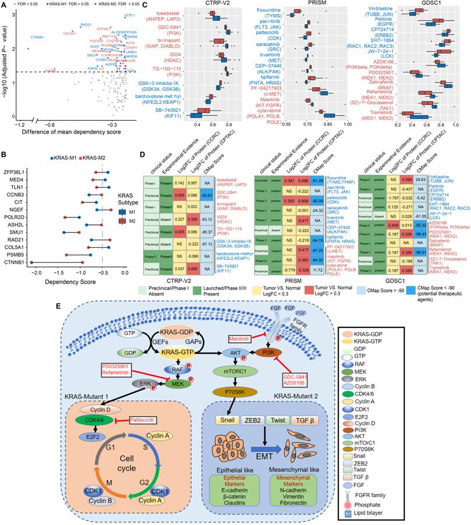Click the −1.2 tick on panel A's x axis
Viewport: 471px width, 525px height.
[x=20, y=124]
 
